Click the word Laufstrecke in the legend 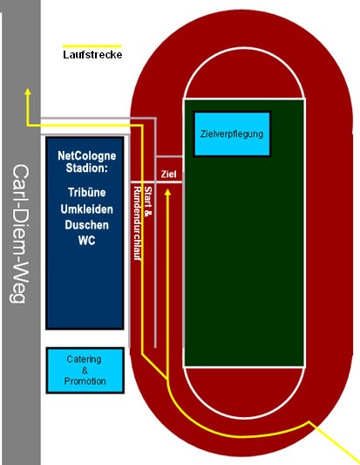tap(92, 55)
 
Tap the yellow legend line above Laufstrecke tap(92, 46)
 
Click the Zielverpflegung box tap(232, 133)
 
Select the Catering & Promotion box tap(85, 370)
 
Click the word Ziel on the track tap(168, 174)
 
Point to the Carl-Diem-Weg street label tap(20, 234)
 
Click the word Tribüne tap(87, 193)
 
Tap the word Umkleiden tap(87, 209)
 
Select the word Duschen tap(87, 225)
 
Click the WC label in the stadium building tap(87, 240)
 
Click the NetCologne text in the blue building tap(87, 155)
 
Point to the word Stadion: tap(86, 168)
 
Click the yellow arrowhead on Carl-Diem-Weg tap(28, 92)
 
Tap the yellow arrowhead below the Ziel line tap(167, 192)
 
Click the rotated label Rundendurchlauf tap(137, 223)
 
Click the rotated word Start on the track tap(147, 195)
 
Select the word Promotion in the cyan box tap(85, 381)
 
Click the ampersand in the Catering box tap(85, 371)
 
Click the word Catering tap(85, 359)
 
